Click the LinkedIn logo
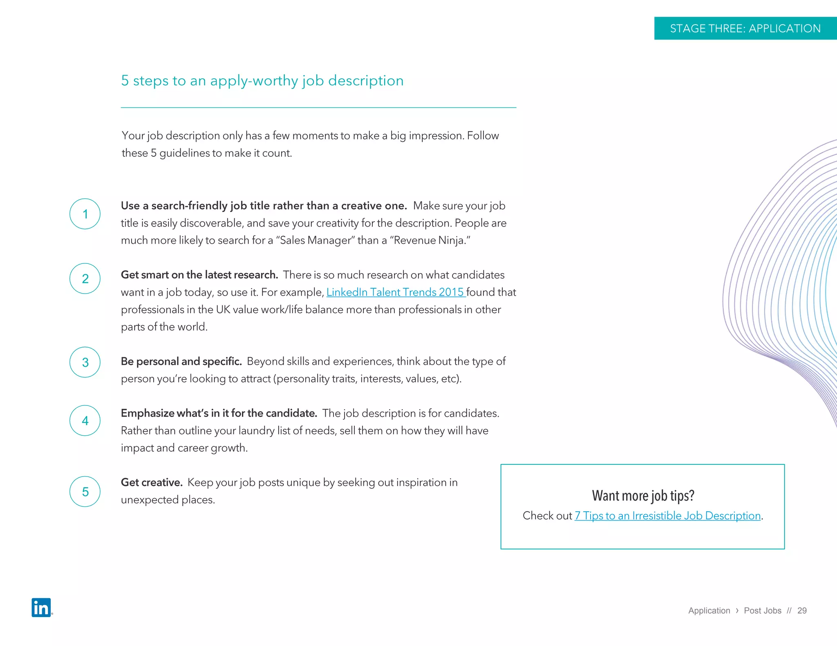[41, 607]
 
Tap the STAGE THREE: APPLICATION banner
[745, 28]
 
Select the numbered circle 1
[85, 214]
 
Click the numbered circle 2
[85, 278]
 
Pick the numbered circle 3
[85, 362]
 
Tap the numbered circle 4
[85, 421]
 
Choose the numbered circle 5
[85, 492]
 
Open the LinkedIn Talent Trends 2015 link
[395, 292]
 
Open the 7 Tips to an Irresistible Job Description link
[667, 516]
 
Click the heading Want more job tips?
[643, 495]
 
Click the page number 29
[802, 610]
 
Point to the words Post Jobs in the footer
[762, 610]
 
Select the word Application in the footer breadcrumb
[709, 610]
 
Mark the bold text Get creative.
[152, 482]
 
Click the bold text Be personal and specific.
[181, 361]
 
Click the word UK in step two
[223, 310]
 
